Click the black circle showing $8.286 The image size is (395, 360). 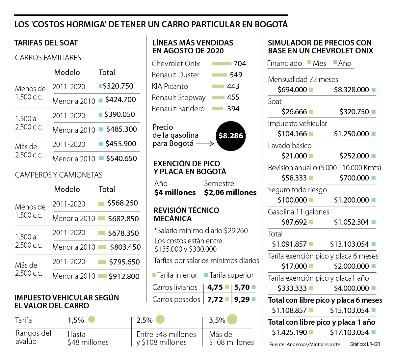(231, 136)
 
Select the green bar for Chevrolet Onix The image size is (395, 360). (222, 64)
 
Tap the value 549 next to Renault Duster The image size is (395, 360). (236, 75)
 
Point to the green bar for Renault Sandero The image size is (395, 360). (217, 109)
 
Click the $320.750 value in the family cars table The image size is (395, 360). (118, 86)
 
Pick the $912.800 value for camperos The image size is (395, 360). (124, 276)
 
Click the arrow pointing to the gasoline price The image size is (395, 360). (205, 144)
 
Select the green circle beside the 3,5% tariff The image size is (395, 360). (232, 319)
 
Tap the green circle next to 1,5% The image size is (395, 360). (92, 319)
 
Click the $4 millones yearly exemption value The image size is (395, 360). (175, 192)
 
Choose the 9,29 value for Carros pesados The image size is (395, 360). (242, 299)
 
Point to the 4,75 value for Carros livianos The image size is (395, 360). (215, 287)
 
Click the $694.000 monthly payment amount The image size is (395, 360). (292, 90)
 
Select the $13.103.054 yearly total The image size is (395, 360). (349, 244)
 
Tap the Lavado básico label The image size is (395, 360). (290, 146)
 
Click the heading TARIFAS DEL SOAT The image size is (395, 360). (46, 43)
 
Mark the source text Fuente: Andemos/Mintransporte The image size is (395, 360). (305, 344)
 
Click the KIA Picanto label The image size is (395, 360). (170, 86)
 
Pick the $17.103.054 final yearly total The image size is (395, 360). (349, 332)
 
